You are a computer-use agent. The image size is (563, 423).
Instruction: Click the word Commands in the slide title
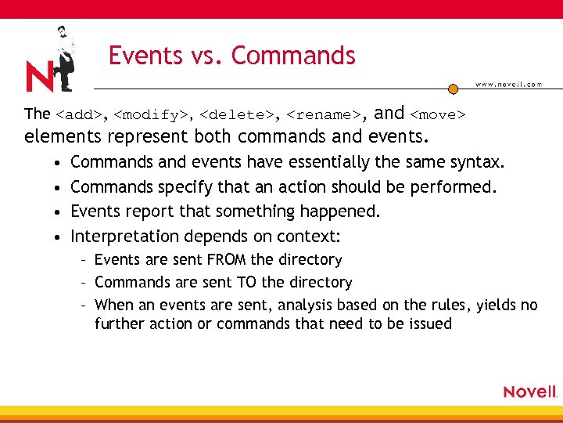pyautogui.click(x=293, y=56)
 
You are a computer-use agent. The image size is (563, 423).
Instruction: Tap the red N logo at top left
pyautogui.click(x=41, y=76)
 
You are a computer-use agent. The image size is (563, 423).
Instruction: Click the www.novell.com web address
pyautogui.click(x=508, y=84)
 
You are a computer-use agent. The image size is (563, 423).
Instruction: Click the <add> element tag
pyautogui.click(x=80, y=115)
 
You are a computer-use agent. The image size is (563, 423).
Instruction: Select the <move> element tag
pyautogui.click(x=438, y=115)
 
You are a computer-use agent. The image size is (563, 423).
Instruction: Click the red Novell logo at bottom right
pyautogui.click(x=529, y=392)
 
